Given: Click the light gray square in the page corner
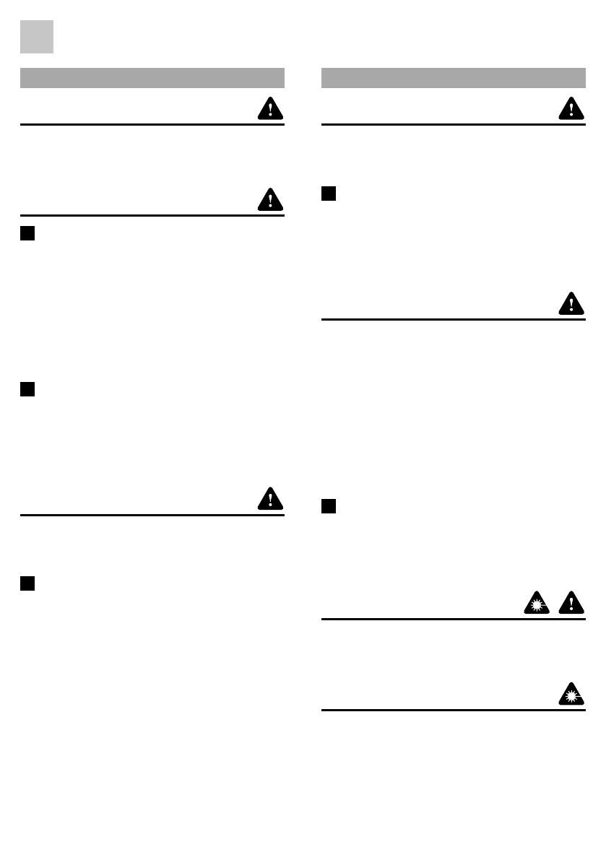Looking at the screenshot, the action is click(36, 37).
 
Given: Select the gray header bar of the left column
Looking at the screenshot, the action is click(152, 78).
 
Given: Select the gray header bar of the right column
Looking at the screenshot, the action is click(453, 78).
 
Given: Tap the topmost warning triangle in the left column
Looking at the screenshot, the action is click(270, 108).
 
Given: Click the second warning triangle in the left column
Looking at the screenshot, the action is click(270, 199).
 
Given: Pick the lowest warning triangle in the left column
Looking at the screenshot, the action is click(270, 499).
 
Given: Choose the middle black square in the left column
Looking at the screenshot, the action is click(28, 389).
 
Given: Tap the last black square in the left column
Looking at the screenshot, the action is click(28, 583).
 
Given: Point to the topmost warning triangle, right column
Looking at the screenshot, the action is click(571, 108).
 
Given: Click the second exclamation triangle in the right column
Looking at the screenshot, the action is click(571, 304).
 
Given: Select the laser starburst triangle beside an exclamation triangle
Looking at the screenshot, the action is click(537, 603).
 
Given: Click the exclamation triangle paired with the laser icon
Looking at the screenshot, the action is click(571, 603).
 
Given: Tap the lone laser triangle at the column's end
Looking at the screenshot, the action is click(571, 694).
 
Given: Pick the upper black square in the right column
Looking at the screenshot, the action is click(329, 194).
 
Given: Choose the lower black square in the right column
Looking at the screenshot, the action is click(329, 506).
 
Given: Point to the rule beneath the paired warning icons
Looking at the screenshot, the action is click(453, 619).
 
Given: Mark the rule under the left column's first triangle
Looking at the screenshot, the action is click(152, 124).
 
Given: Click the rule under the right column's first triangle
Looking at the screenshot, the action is click(453, 124).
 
